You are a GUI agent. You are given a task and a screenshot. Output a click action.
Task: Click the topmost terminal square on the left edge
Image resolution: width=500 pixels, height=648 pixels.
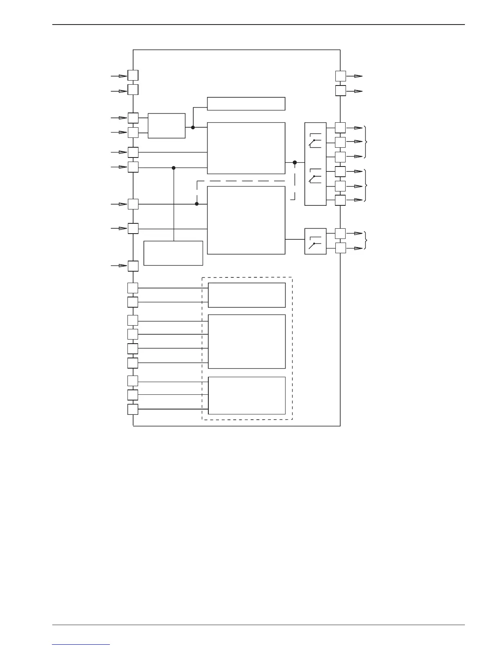pos(133,75)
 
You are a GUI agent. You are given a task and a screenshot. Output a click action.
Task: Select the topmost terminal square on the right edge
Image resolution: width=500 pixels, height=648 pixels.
pos(341,76)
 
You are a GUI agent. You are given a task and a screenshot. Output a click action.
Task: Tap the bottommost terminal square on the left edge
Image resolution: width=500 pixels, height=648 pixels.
pos(133,409)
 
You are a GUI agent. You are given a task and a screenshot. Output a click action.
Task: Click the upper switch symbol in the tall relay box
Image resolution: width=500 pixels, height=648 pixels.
pos(315,140)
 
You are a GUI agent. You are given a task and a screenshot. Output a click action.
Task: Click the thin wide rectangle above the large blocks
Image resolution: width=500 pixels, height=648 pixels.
pos(246,103)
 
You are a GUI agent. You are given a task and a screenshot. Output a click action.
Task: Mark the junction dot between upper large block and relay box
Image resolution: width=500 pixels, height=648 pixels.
pos(295,162)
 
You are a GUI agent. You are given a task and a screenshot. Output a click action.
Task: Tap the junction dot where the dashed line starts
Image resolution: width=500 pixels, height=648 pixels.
pos(196,204)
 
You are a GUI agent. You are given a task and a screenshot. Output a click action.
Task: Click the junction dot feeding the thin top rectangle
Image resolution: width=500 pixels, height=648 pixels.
pos(193,127)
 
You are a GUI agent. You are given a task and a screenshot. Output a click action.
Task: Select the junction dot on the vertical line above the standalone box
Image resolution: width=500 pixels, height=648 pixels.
pos(174,168)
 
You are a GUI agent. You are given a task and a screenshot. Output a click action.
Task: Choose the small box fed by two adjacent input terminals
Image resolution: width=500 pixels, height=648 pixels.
pos(166,126)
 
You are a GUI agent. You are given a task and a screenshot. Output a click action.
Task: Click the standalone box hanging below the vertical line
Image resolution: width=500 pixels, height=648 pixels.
pos(173,253)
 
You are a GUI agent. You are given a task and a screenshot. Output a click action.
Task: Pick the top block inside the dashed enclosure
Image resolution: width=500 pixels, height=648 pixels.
pos(247,295)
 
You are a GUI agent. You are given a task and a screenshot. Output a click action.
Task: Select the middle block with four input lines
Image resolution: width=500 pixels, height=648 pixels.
pos(247,342)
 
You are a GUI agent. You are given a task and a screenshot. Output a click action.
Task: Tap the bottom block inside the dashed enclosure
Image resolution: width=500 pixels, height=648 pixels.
pos(247,395)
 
